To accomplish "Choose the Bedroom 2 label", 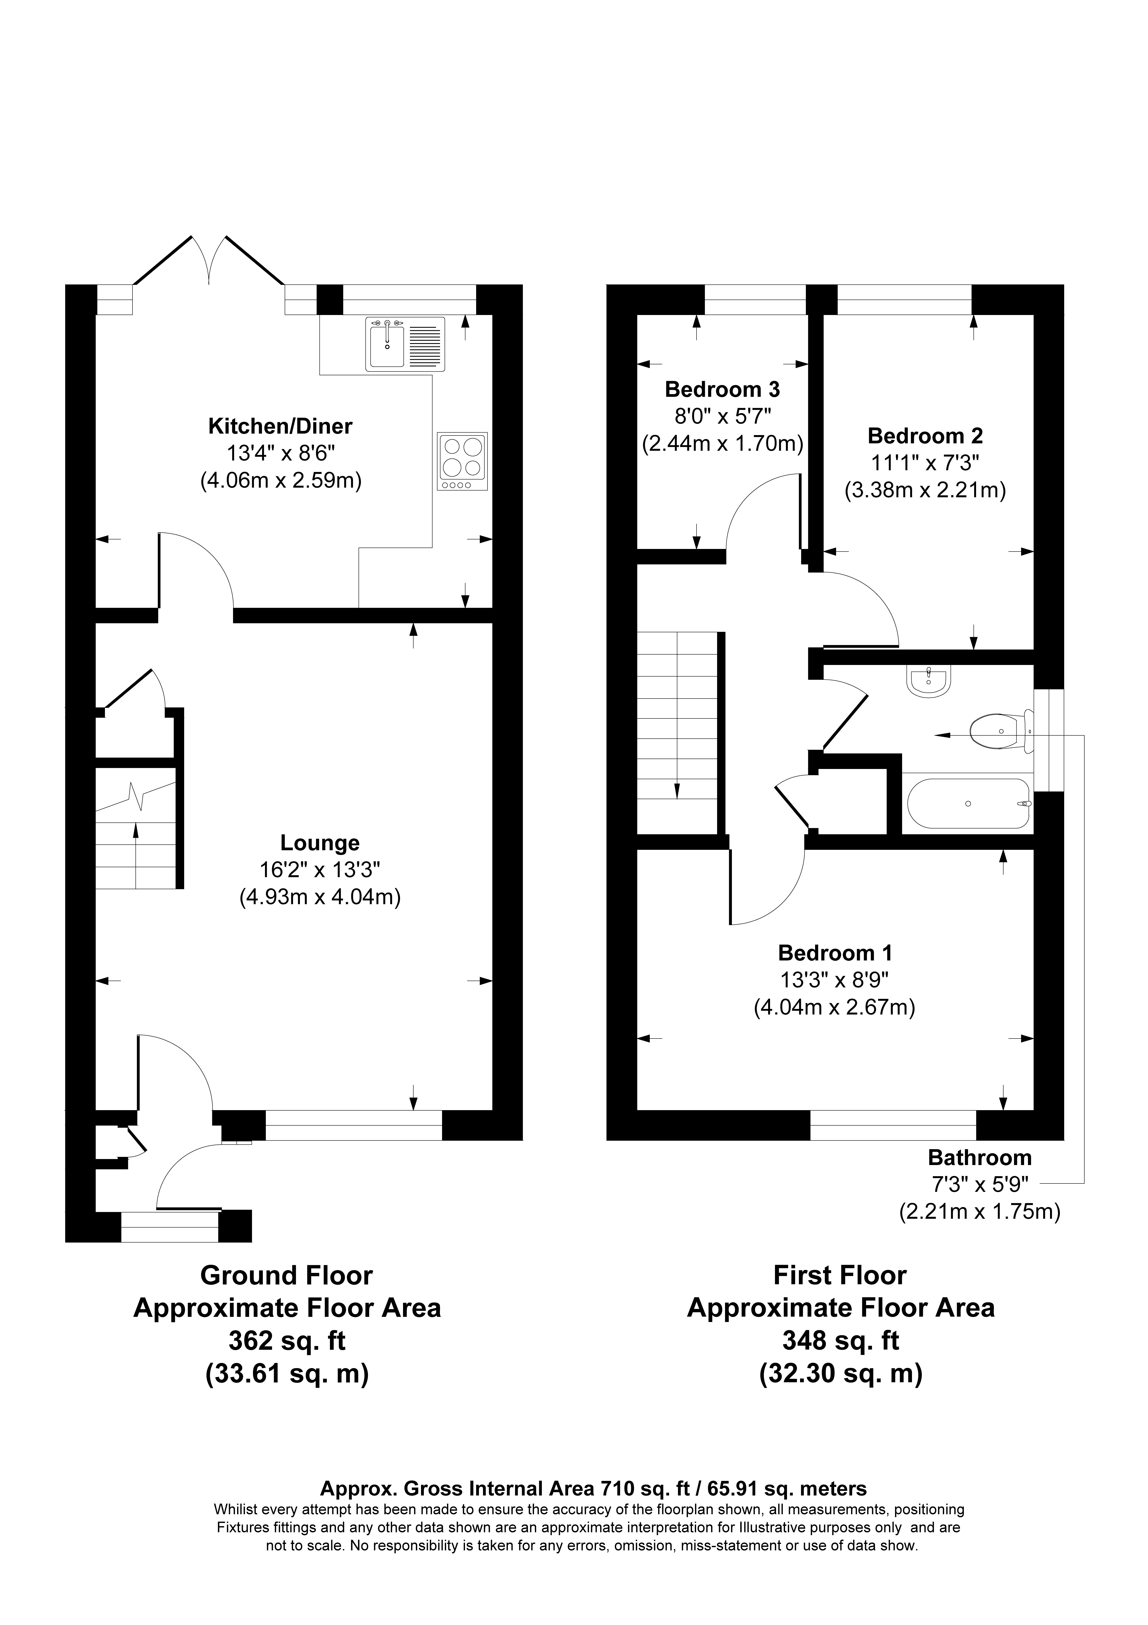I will click(925, 435).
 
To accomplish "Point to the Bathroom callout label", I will click(979, 1158).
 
